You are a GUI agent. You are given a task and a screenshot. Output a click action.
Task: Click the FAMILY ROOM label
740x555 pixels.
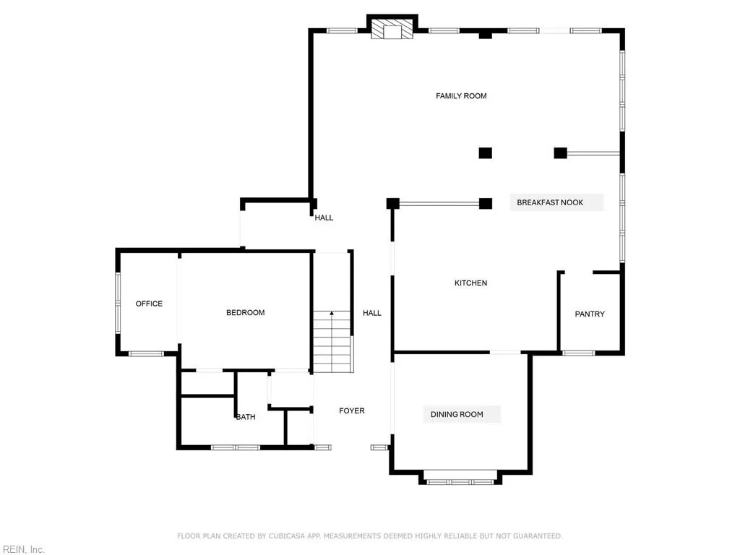(461, 95)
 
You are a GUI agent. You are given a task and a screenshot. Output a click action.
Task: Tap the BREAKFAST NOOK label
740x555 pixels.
(550, 202)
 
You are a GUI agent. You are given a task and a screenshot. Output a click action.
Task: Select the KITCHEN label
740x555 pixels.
(470, 283)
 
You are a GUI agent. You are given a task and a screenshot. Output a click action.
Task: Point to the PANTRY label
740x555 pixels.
(590, 314)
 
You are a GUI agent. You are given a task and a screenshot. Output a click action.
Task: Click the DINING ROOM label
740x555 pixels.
(457, 414)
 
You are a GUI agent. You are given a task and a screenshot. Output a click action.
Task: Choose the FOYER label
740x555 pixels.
(352, 410)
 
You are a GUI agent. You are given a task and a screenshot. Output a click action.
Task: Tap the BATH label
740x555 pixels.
(246, 417)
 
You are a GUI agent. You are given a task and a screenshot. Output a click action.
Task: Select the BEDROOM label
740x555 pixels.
(246, 312)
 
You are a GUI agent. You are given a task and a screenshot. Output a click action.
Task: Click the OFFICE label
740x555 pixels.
(150, 304)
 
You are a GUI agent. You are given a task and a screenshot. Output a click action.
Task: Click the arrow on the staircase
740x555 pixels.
(332, 314)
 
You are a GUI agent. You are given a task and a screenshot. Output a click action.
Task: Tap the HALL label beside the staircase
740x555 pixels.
(372, 313)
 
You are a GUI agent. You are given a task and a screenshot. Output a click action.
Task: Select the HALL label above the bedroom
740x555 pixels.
(324, 218)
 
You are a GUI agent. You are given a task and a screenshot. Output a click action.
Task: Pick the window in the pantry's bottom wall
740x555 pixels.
(578, 353)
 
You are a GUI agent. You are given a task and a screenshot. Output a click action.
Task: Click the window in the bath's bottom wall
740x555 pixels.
(236, 447)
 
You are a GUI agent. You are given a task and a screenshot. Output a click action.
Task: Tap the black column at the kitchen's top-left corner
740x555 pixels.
(393, 203)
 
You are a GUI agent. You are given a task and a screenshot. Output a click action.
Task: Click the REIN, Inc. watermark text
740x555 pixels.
(22, 550)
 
